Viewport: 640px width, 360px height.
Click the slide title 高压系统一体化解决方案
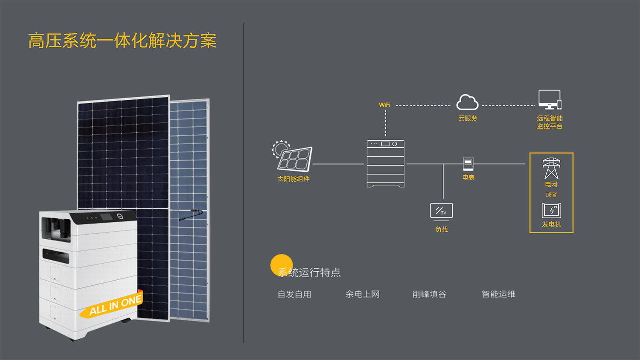pos(122,41)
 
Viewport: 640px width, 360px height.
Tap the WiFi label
pos(384,105)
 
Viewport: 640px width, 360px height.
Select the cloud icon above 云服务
pos(468,102)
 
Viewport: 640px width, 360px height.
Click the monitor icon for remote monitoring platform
pos(550,99)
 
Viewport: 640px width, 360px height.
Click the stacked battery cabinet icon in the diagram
pos(385,163)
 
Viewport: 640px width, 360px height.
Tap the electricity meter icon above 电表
pos(468,164)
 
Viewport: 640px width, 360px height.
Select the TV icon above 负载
pos(442,212)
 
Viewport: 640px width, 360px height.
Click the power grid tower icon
pos(551,168)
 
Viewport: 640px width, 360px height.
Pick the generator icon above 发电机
pos(551,211)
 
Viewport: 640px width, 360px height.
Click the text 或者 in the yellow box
pos(551,195)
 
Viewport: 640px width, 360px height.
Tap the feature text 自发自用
pos(294,294)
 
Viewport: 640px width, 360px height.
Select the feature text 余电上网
pos(362,294)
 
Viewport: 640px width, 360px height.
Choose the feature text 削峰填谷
pos(429,294)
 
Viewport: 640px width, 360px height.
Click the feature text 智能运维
pos(499,294)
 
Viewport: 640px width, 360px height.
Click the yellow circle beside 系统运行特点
pos(282,265)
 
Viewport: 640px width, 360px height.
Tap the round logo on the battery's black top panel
pos(120,216)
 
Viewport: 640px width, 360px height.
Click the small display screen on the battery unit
pos(106,217)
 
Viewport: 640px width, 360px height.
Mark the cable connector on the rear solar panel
pos(191,214)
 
